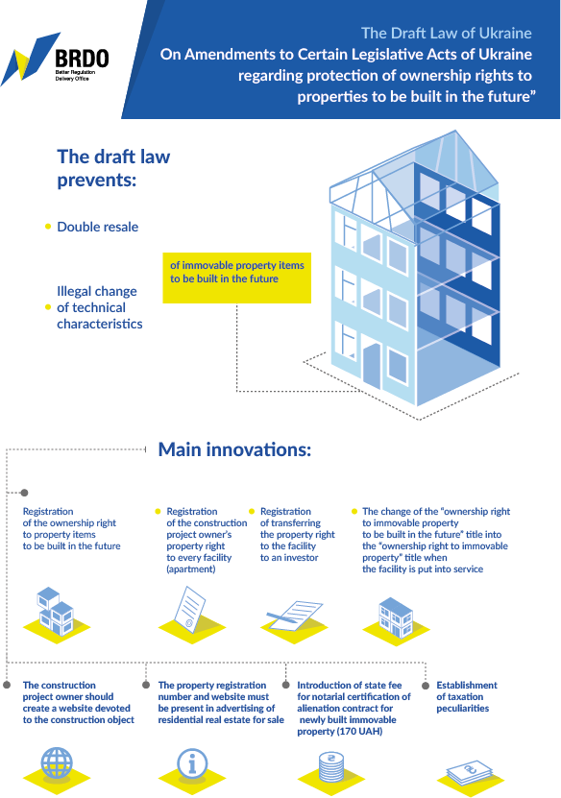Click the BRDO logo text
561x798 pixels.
(82, 59)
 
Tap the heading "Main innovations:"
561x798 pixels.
(234, 449)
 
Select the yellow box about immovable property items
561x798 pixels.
(236, 278)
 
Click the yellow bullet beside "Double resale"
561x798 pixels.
(48, 227)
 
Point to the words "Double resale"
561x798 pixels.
(98, 227)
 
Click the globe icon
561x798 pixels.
(57, 763)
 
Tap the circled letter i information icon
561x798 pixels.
(192, 763)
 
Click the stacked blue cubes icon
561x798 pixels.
(56, 611)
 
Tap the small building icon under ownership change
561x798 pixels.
(396, 617)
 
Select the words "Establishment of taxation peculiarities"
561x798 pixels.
(467, 697)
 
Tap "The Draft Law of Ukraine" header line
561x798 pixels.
(447, 33)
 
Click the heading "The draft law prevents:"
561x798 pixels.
(113, 168)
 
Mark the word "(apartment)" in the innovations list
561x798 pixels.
(191, 569)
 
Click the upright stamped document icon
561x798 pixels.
(189, 610)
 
